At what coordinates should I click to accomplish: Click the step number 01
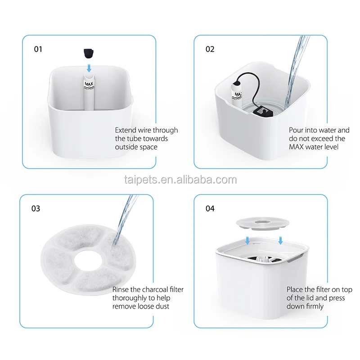click(38, 49)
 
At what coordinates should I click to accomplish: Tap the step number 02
click(210, 49)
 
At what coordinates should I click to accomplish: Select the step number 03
click(36, 208)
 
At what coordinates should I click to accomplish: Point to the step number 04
click(210, 208)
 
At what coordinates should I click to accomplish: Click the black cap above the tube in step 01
click(88, 53)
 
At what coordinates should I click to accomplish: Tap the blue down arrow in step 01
click(89, 68)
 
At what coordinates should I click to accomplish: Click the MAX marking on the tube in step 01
click(89, 84)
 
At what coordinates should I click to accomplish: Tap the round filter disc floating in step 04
click(262, 224)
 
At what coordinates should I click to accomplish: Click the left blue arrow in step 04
click(247, 240)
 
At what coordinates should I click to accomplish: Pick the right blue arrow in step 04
click(280, 240)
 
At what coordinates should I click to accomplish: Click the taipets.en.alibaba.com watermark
click(180, 180)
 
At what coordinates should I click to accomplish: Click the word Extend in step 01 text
click(126, 130)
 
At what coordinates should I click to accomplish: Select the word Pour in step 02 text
click(296, 130)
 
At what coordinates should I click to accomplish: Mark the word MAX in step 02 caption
click(297, 147)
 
